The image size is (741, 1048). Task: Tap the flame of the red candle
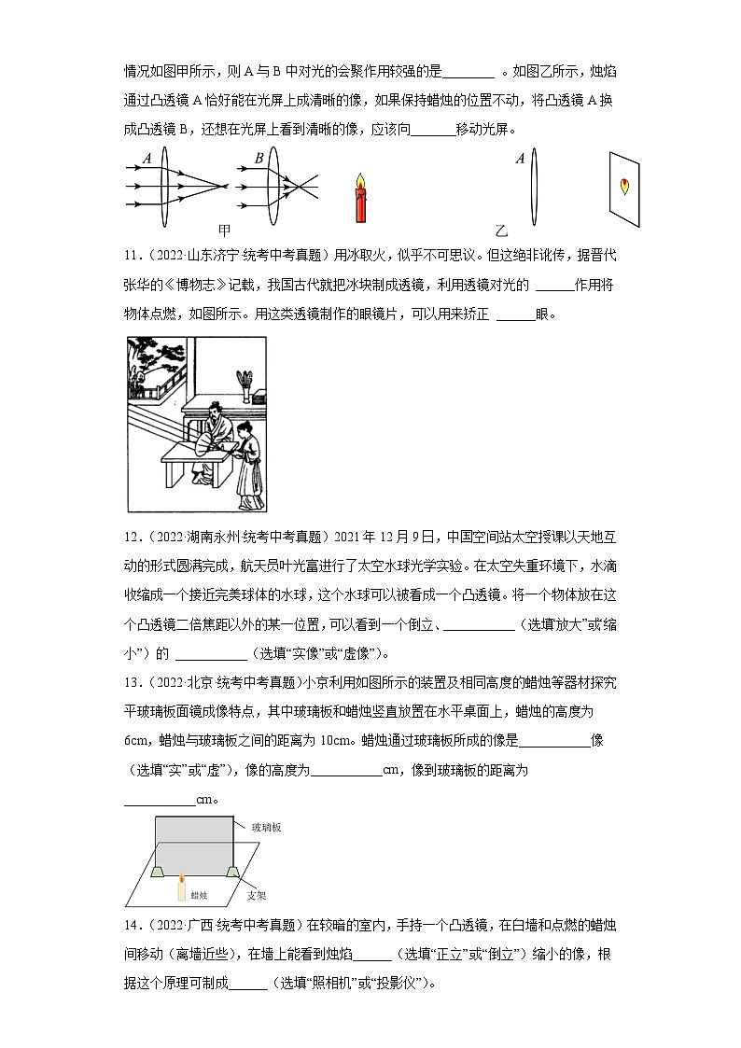362,178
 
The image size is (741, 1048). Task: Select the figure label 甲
224,230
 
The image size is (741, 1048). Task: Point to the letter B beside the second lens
259,160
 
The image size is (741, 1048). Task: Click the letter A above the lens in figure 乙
520,160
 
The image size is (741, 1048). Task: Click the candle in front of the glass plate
181,887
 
